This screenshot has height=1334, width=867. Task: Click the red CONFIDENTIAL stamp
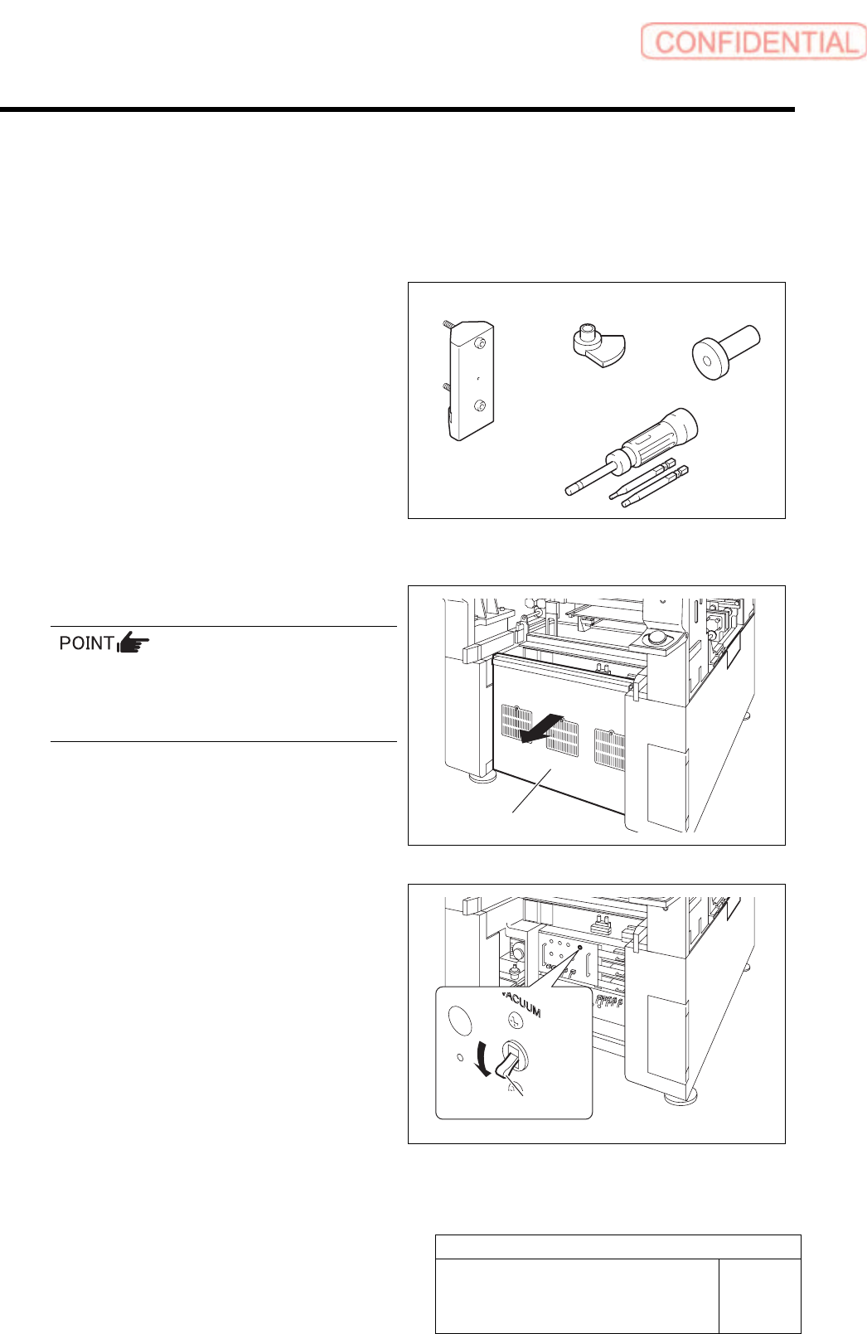753,41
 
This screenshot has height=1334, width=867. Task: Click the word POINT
86,643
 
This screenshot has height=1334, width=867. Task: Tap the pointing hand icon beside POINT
133,643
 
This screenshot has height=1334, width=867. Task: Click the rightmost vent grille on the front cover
609,748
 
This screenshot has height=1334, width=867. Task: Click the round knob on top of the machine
657,637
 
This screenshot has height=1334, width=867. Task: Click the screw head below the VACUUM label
515,1021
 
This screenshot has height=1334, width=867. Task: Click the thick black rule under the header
397,109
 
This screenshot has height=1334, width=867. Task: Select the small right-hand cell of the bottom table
759,1295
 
